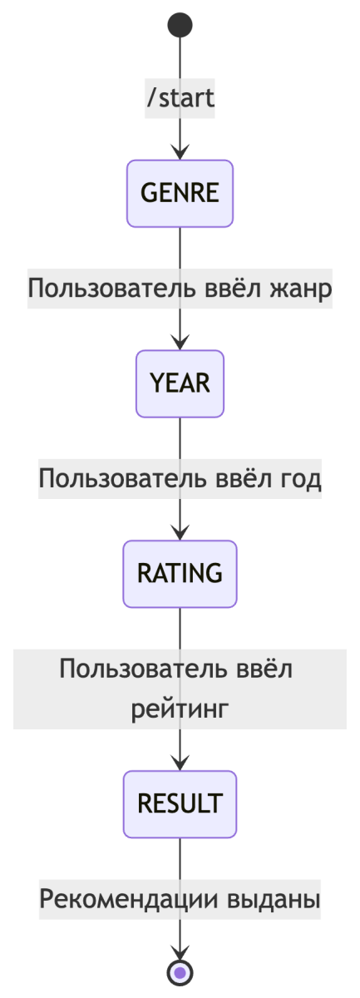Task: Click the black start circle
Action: pos(180,25)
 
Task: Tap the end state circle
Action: pos(180,972)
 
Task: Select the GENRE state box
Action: pos(180,193)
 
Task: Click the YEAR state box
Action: pos(180,383)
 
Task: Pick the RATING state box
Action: pos(180,574)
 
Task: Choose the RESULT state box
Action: pos(180,804)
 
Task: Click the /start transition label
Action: pos(180,98)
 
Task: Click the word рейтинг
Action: pos(180,708)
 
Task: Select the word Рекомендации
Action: pos(129,899)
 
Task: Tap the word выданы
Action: pos(274,899)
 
